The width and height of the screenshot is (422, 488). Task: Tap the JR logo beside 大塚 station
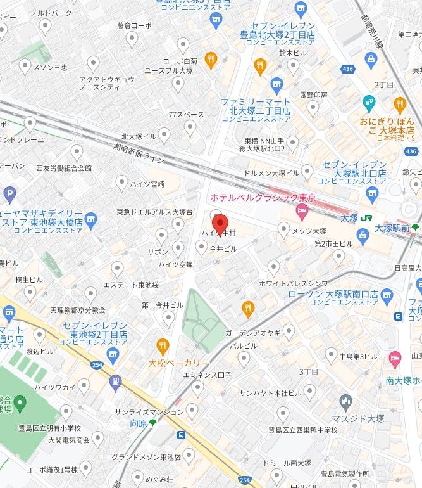(366, 217)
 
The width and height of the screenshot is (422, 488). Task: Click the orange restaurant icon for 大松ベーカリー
(163, 346)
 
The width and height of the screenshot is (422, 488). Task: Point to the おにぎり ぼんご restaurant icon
(399, 104)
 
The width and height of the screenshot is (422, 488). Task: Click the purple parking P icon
(9, 193)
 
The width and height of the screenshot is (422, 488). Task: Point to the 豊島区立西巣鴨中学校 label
(302, 430)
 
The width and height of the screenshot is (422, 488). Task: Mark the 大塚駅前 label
(392, 228)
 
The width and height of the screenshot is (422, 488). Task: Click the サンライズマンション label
(149, 412)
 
